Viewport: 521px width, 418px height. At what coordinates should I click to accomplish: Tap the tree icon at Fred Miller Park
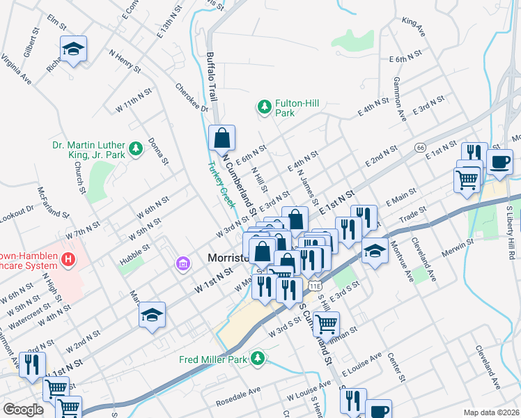[x=258, y=359]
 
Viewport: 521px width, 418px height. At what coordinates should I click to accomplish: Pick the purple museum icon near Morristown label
[x=183, y=263]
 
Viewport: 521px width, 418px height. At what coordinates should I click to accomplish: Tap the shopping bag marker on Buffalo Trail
[x=221, y=138]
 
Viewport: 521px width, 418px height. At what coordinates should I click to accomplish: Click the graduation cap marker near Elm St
[x=73, y=49]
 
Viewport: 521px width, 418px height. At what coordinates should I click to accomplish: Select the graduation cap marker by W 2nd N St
[x=152, y=315]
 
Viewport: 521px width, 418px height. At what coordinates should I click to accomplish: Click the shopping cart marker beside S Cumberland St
[x=325, y=323]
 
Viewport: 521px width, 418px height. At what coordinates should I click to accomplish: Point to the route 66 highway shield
[x=419, y=148]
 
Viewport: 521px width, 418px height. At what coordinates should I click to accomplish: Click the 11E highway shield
[x=314, y=285]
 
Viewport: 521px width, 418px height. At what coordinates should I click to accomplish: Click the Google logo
[x=23, y=410]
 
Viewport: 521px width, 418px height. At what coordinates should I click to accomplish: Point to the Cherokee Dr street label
[x=192, y=98]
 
